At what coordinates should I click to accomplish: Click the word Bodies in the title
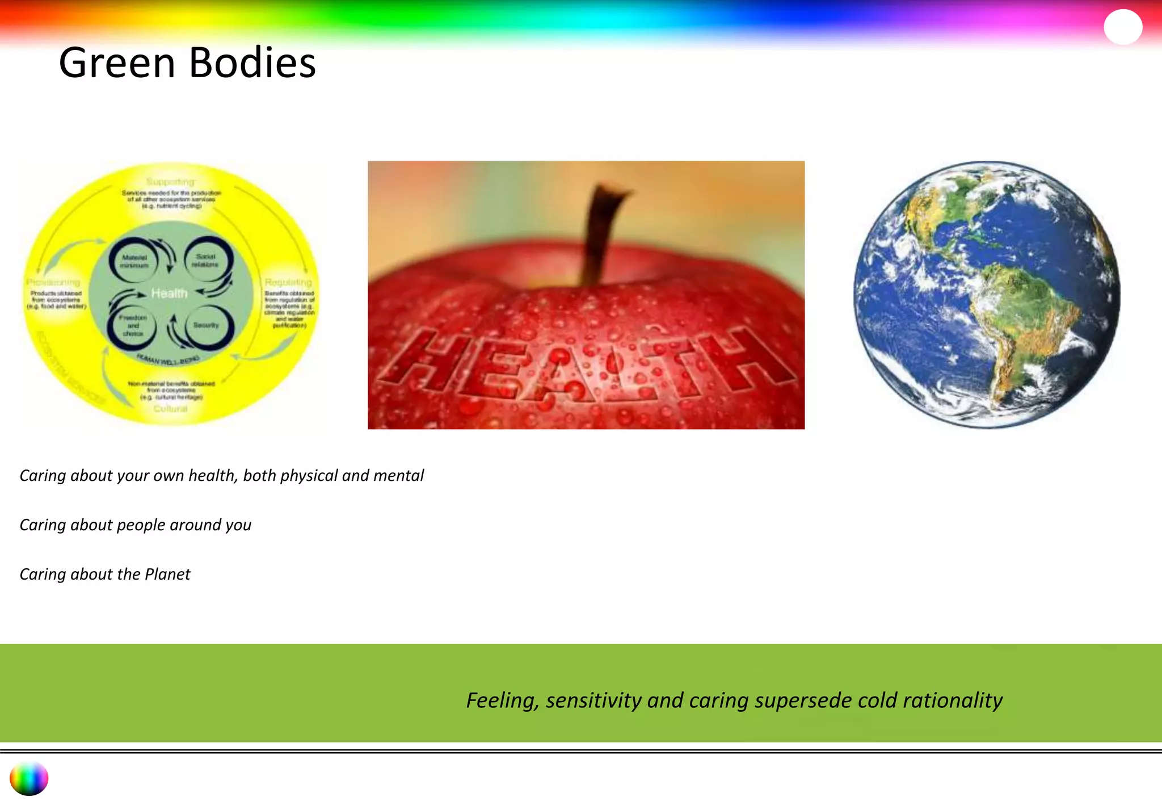[x=252, y=62]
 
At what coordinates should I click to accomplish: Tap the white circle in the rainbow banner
[x=1123, y=26]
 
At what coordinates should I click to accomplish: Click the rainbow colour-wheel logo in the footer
[x=29, y=779]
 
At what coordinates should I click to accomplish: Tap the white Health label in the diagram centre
[x=169, y=294]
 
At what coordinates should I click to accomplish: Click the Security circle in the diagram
[x=207, y=325]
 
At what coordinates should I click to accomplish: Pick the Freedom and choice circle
[x=133, y=325]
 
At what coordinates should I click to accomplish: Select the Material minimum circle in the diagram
[x=134, y=261]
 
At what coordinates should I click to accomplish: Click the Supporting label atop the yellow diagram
[x=170, y=182]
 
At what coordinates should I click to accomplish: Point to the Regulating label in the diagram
[x=288, y=282]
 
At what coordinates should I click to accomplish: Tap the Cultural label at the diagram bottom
[x=170, y=408]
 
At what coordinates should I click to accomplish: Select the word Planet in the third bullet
[x=167, y=574]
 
